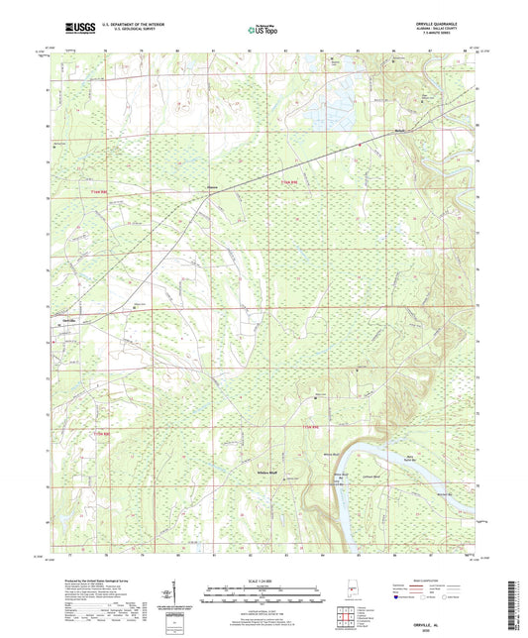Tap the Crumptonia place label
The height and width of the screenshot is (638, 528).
pos(212,185)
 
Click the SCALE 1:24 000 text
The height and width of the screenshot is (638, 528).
pos(263,581)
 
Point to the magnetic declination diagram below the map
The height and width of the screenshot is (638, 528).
pos(176,594)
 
